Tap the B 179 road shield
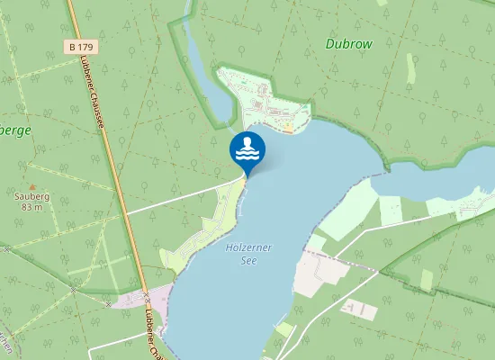point(82,46)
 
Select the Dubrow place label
point(348,42)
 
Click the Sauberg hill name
point(30,194)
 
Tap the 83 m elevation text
point(30,206)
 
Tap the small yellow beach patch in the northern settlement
point(288,128)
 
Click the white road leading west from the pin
point(180,199)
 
